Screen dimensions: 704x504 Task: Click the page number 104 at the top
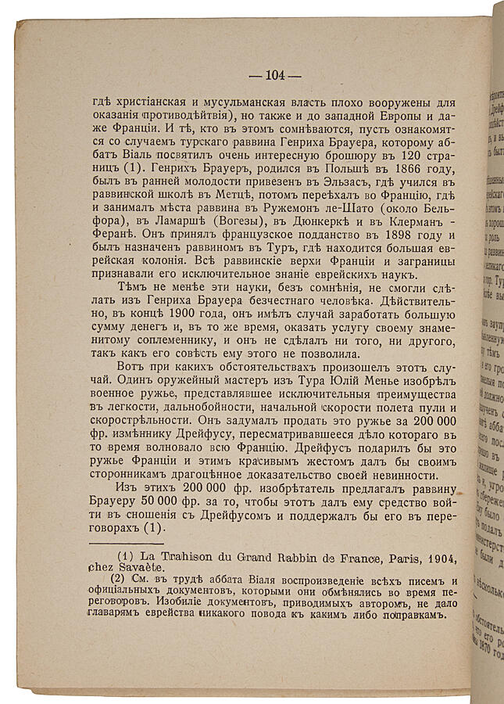click(x=274, y=75)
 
